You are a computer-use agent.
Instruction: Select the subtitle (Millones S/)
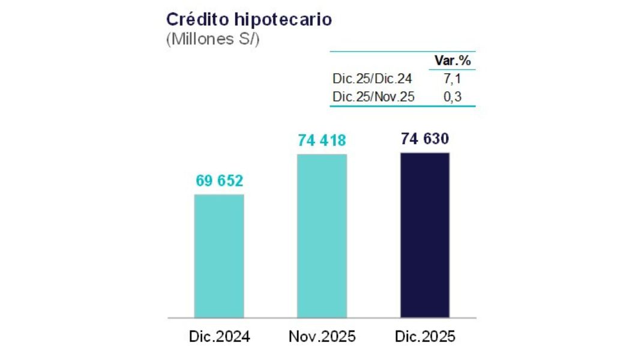pyautogui.click(x=212, y=40)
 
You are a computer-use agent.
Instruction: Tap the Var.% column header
pyautogui.click(x=452, y=61)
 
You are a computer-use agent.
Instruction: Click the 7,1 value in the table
pyautogui.click(x=452, y=79)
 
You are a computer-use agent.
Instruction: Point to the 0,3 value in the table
pyautogui.click(x=452, y=96)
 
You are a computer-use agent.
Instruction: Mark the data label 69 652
pyautogui.click(x=219, y=181)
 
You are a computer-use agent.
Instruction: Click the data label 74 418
pyautogui.click(x=322, y=141)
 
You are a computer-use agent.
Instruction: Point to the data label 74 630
pyautogui.click(x=425, y=139)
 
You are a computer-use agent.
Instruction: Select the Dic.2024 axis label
pyautogui.click(x=219, y=337)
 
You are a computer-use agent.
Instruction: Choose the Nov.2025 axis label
pyautogui.click(x=322, y=337)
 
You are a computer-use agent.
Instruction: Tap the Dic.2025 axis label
pyautogui.click(x=425, y=337)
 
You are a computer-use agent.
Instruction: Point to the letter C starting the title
pyautogui.click(x=172, y=19)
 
